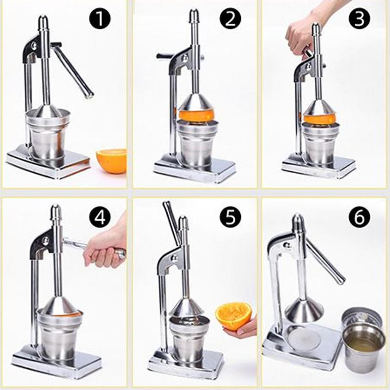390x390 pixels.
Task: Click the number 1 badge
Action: pyautogui.click(x=100, y=19)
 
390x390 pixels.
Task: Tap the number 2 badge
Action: pyautogui.click(x=230, y=19)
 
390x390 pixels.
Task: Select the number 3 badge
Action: pyautogui.click(x=359, y=19)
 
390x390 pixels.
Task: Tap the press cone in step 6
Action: pyautogui.click(x=304, y=310)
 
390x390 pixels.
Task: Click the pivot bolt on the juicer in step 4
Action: pyautogui.click(x=45, y=241)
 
